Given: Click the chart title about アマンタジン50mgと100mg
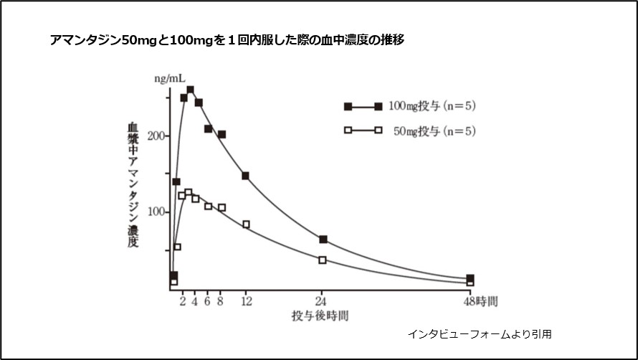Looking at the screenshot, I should [227, 40].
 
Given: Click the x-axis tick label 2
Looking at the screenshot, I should [183, 301].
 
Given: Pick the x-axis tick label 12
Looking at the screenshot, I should [246, 301].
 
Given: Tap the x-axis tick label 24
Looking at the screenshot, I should [322, 301].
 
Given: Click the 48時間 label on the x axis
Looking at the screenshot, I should [480, 301].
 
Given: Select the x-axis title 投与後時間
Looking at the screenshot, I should [320, 316].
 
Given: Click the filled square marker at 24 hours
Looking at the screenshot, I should [323, 239].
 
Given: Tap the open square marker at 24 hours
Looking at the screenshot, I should [322, 260].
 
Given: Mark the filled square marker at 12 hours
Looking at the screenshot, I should [245, 176].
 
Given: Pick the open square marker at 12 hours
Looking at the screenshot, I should [246, 224].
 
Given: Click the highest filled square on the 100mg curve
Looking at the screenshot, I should [190, 90].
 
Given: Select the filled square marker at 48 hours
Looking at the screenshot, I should [470, 278].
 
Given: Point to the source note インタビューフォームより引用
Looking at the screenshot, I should [480, 333].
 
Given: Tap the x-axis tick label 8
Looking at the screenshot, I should [221, 301].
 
